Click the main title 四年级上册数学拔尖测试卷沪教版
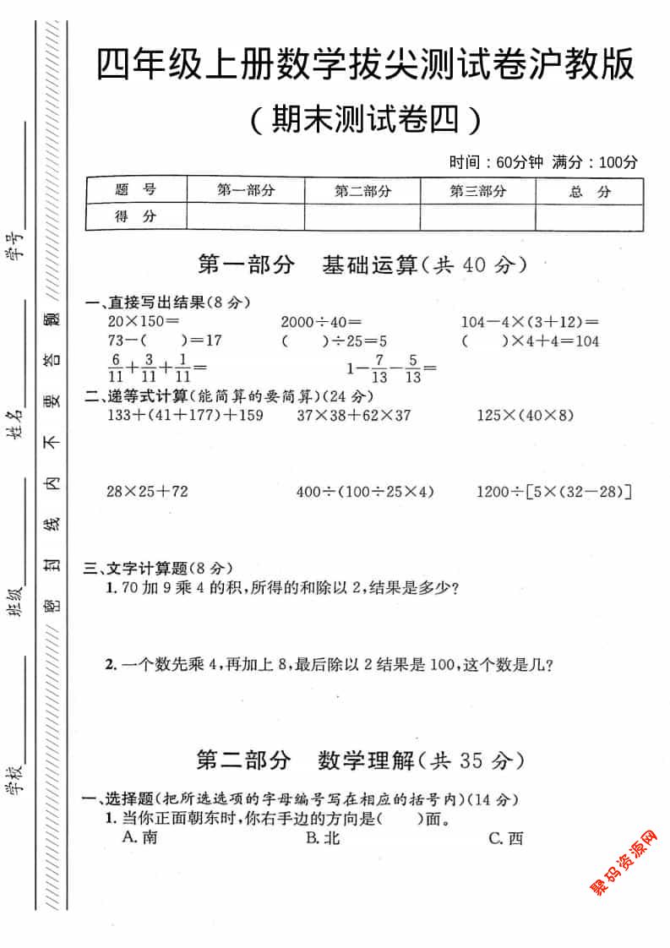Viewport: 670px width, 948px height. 365,66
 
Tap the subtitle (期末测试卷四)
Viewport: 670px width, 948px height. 365,121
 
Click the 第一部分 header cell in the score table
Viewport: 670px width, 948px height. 246,191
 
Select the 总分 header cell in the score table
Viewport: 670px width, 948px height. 589,192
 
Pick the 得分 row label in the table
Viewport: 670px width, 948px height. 136,216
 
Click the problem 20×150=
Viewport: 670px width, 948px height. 144,322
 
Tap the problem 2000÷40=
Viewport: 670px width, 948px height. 321,322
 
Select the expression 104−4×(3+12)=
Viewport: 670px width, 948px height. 530,322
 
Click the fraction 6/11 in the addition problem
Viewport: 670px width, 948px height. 115,367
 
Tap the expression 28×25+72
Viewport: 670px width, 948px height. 148,491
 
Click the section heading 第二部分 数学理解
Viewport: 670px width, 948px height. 361,760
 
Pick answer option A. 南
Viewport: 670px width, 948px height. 139,837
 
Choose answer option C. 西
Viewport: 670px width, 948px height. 506,838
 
